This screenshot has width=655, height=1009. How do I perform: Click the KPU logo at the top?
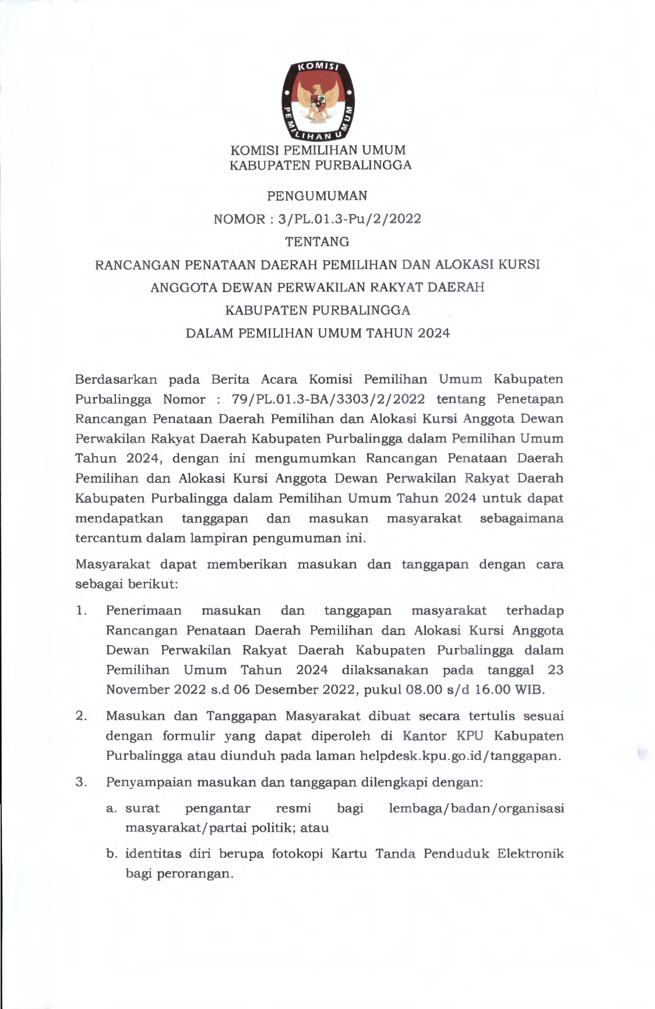pyautogui.click(x=317, y=100)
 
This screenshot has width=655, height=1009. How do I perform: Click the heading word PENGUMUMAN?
pyautogui.click(x=317, y=195)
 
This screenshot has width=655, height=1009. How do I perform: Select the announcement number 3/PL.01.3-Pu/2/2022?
pyautogui.click(x=350, y=219)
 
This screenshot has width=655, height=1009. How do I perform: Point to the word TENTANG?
pyautogui.click(x=317, y=241)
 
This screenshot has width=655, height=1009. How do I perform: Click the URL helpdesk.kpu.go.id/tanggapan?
pyautogui.click(x=460, y=755)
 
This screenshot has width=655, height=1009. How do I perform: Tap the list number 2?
pyautogui.click(x=81, y=716)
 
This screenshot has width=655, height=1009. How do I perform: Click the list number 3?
pyautogui.click(x=81, y=782)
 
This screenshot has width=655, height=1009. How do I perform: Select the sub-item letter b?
pyautogui.click(x=111, y=854)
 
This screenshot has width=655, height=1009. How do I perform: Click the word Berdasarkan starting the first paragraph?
pyautogui.click(x=116, y=379)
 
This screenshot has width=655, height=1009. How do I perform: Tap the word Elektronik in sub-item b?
pyautogui.click(x=530, y=854)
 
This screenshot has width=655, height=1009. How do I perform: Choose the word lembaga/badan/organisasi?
pyautogui.click(x=476, y=808)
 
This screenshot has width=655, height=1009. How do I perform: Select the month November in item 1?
pyautogui.click(x=138, y=689)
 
